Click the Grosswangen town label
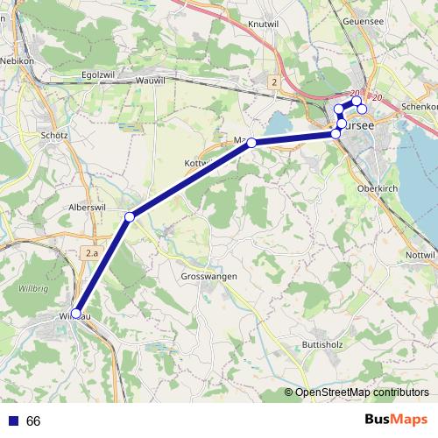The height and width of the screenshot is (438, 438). tap(208, 276)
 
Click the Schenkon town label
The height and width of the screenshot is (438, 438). tap(418, 106)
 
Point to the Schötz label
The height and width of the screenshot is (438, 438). tap(54, 136)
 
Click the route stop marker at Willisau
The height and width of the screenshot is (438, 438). tap(76, 314)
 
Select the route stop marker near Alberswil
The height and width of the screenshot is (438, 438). tap(130, 216)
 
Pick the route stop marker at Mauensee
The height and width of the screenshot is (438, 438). tap(251, 142)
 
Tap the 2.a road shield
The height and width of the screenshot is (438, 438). tap(92, 253)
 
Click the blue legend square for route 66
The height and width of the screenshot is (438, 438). tap(11, 421)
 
